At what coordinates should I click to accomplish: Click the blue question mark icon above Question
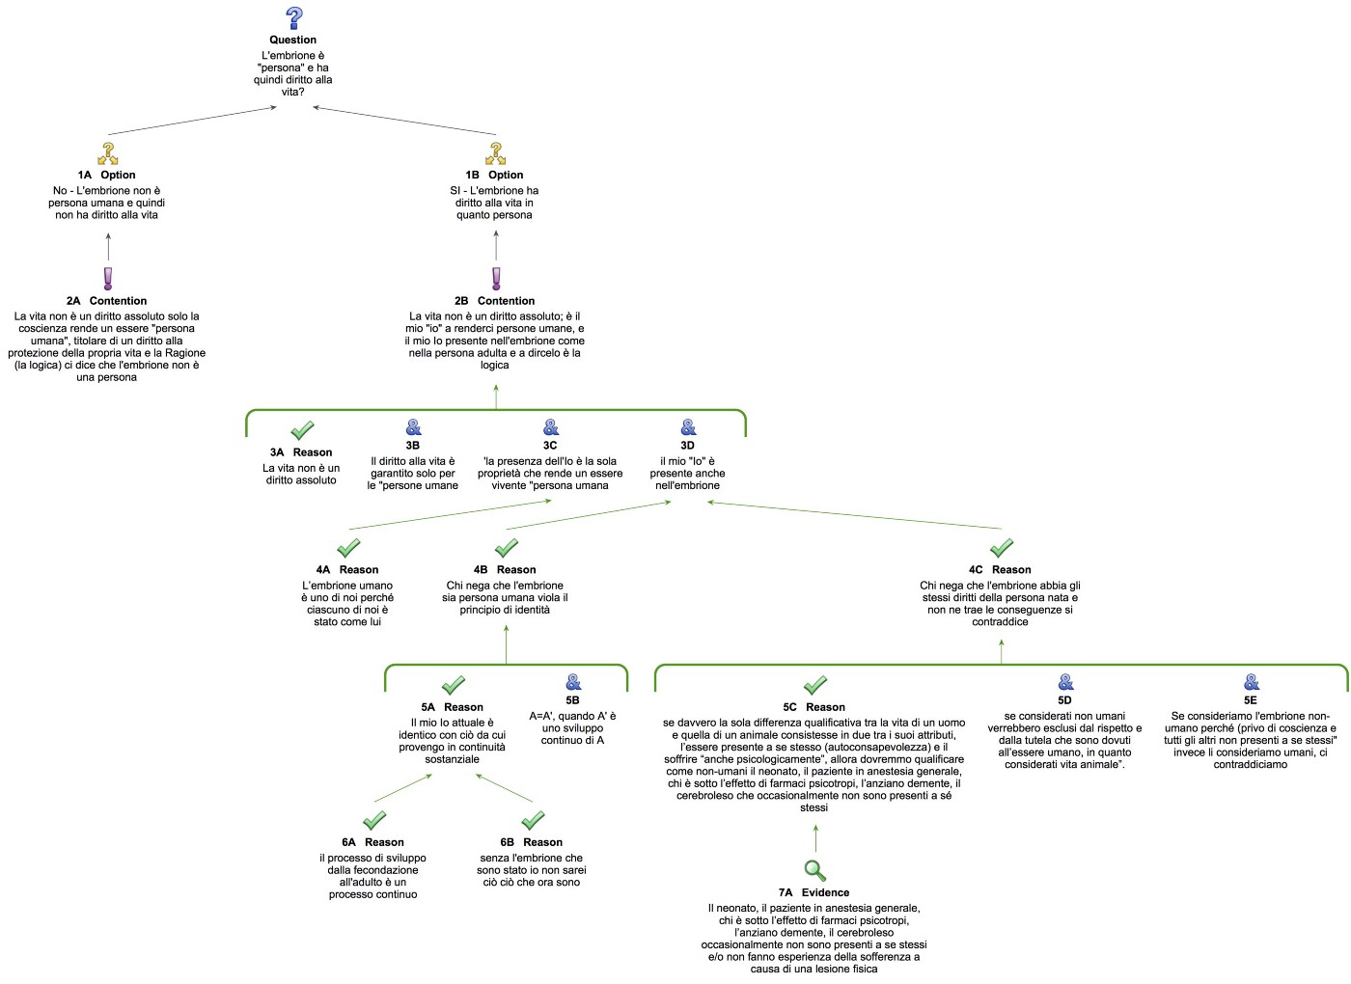(294, 18)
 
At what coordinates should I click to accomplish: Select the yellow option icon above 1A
(108, 153)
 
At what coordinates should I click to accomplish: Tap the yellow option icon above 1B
(496, 153)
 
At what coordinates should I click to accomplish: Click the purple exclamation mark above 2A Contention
(108, 279)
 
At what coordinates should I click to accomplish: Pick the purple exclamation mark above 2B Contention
(496, 279)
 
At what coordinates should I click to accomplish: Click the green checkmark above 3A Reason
(302, 429)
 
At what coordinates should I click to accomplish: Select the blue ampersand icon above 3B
(413, 427)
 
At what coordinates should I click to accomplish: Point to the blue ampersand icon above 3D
(688, 427)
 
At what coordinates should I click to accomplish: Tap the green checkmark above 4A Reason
(348, 548)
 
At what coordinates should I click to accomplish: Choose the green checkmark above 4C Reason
(1002, 548)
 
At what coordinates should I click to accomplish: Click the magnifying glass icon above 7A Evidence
(815, 871)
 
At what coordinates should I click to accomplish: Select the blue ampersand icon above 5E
(1252, 682)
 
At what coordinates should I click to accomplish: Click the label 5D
(1064, 700)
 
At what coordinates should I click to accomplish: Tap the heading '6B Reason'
(531, 842)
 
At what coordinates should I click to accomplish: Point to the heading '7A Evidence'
(813, 892)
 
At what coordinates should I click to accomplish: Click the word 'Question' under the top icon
(293, 40)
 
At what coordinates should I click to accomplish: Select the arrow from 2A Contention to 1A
(108, 247)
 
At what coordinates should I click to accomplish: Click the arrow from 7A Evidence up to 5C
(815, 838)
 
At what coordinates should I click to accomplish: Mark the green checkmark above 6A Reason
(374, 821)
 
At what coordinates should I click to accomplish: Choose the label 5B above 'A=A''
(572, 700)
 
